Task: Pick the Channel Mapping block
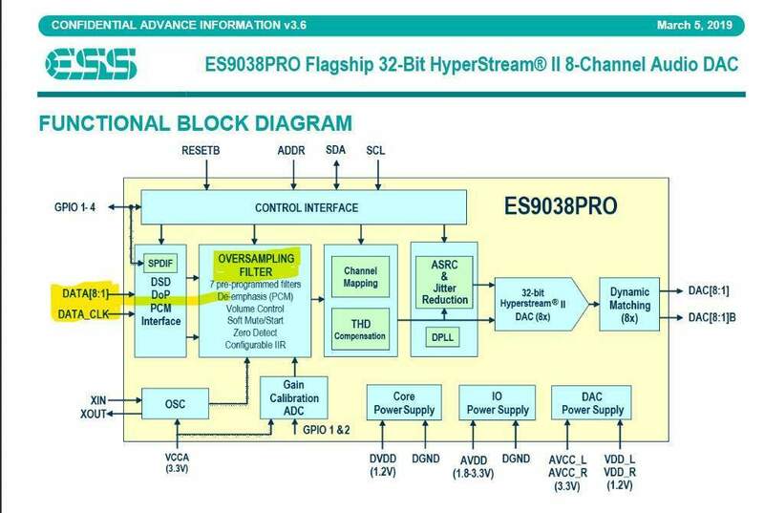coord(359,276)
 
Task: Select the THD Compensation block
coord(359,327)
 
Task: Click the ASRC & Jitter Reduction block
coord(445,280)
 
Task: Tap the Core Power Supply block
coord(403,402)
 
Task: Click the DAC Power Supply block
coord(592,402)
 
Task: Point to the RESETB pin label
coord(201,152)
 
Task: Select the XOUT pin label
coord(95,413)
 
